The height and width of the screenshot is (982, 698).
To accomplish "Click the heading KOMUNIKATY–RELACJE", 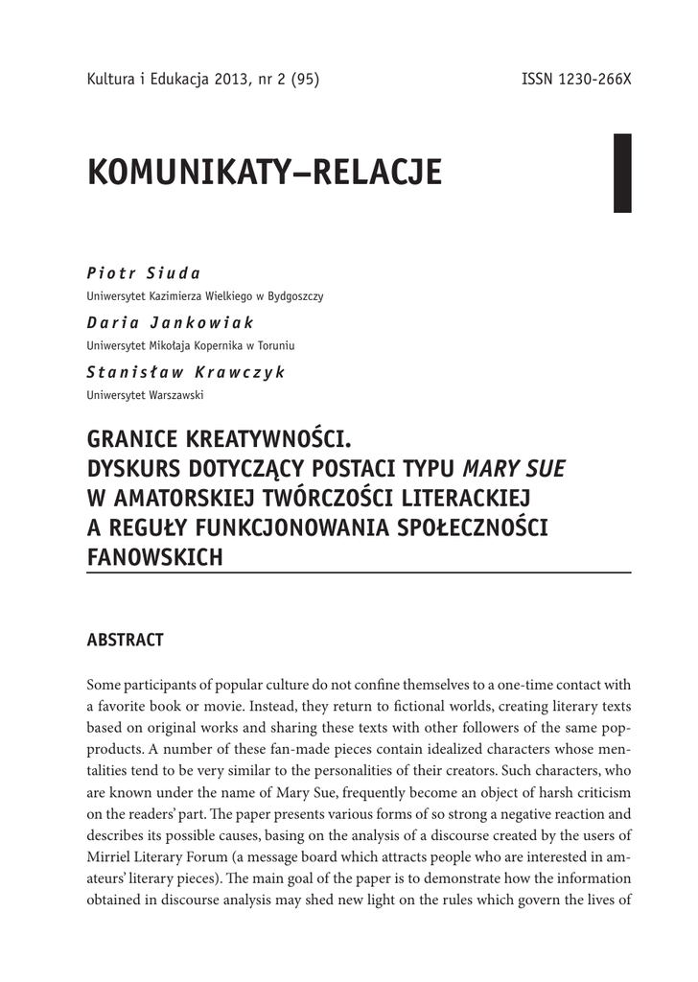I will [x=265, y=173].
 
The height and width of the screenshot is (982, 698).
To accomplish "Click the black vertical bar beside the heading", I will [x=622, y=173].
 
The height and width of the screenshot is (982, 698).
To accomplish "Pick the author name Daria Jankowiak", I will [x=171, y=324].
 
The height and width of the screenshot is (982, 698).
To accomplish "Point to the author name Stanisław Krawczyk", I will [x=186, y=373].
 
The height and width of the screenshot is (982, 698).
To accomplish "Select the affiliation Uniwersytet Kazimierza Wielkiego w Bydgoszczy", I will [x=205, y=296].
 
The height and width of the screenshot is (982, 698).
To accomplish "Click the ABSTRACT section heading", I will [x=126, y=640].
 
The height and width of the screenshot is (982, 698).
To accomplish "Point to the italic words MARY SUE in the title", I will [x=515, y=470].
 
